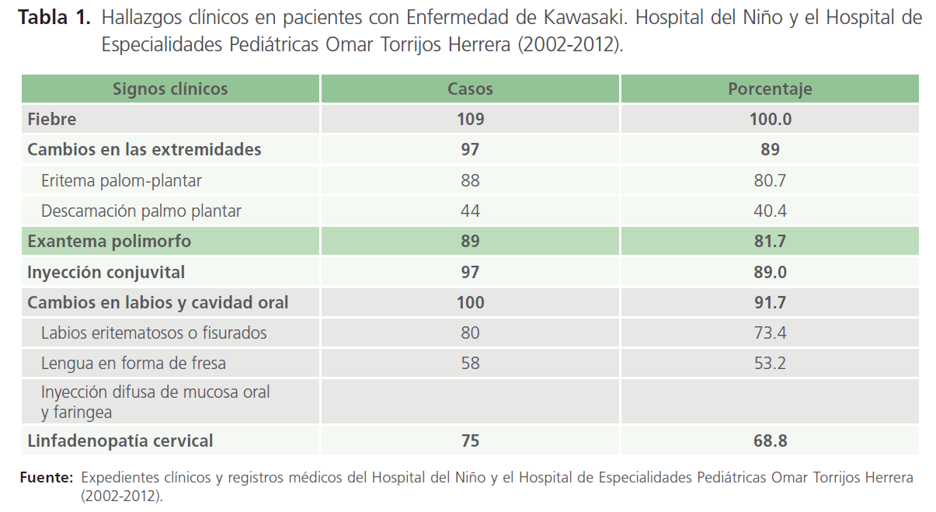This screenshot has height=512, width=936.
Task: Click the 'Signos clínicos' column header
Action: (170, 89)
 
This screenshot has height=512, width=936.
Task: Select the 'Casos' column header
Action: (470, 89)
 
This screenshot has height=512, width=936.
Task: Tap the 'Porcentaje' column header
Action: (770, 89)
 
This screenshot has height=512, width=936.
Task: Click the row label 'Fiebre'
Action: (51, 119)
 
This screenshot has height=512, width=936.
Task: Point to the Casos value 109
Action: (470, 119)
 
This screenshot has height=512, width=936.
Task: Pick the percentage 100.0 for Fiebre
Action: (770, 119)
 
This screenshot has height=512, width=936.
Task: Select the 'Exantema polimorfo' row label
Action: (109, 242)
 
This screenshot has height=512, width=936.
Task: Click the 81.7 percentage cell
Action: (770, 242)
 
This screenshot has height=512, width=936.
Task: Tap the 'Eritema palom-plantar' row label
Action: (121, 180)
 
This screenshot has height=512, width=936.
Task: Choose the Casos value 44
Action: (470, 211)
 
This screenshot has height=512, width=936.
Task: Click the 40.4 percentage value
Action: (770, 211)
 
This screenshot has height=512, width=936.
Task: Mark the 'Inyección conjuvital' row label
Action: (106, 272)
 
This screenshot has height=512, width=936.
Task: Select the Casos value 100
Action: (470, 302)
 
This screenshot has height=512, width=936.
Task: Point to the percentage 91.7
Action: (770, 302)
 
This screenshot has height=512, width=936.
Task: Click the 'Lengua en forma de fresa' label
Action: (134, 363)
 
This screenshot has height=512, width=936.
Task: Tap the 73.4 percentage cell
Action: (770, 333)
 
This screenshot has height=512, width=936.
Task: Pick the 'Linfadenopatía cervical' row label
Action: (120, 441)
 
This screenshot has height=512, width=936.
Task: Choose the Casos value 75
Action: (470, 441)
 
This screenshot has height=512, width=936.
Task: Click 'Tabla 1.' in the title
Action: (54, 17)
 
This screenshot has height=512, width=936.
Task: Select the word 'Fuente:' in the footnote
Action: (46, 477)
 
